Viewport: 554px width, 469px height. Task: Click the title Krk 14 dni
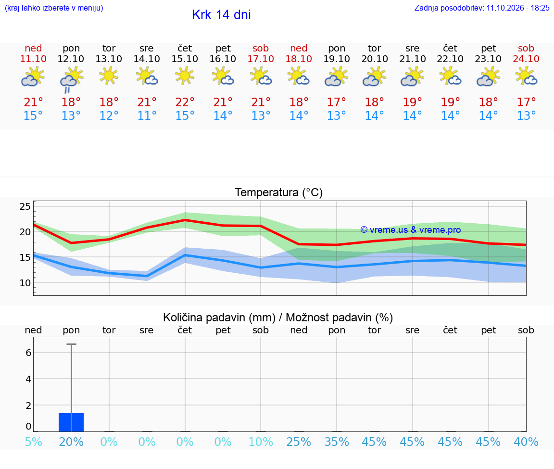[x=222, y=15]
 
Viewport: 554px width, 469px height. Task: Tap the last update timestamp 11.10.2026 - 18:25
[x=518, y=8]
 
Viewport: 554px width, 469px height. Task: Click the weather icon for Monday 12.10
[x=71, y=80]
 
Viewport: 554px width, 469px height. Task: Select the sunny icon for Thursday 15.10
[x=185, y=76]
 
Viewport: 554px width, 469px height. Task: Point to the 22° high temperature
[x=185, y=102]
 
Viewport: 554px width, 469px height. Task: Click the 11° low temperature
[x=147, y=115]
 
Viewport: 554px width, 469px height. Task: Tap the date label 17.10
[x=261, y=59]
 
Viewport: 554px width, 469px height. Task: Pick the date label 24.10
[x=526, y=59]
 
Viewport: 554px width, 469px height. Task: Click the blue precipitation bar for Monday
[x=71, y=422]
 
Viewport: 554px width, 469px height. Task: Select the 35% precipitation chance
[x=337, y=442]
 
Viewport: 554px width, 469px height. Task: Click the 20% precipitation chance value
[x=71, y=442]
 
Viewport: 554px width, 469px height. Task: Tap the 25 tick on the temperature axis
[x=25, y=206]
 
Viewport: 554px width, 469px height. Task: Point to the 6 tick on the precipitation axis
[x=28, y=353]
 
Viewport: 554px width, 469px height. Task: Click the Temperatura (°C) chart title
[x=279, y=192]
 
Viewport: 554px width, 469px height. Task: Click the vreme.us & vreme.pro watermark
[x=411, y=230]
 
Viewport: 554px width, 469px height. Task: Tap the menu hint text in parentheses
[x=54, y=8]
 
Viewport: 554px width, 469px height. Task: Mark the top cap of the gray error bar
[x=71, y=344]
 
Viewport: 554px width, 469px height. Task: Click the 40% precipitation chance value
[x=526, y=442]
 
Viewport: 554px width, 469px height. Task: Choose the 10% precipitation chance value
[x=261, y=442]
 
